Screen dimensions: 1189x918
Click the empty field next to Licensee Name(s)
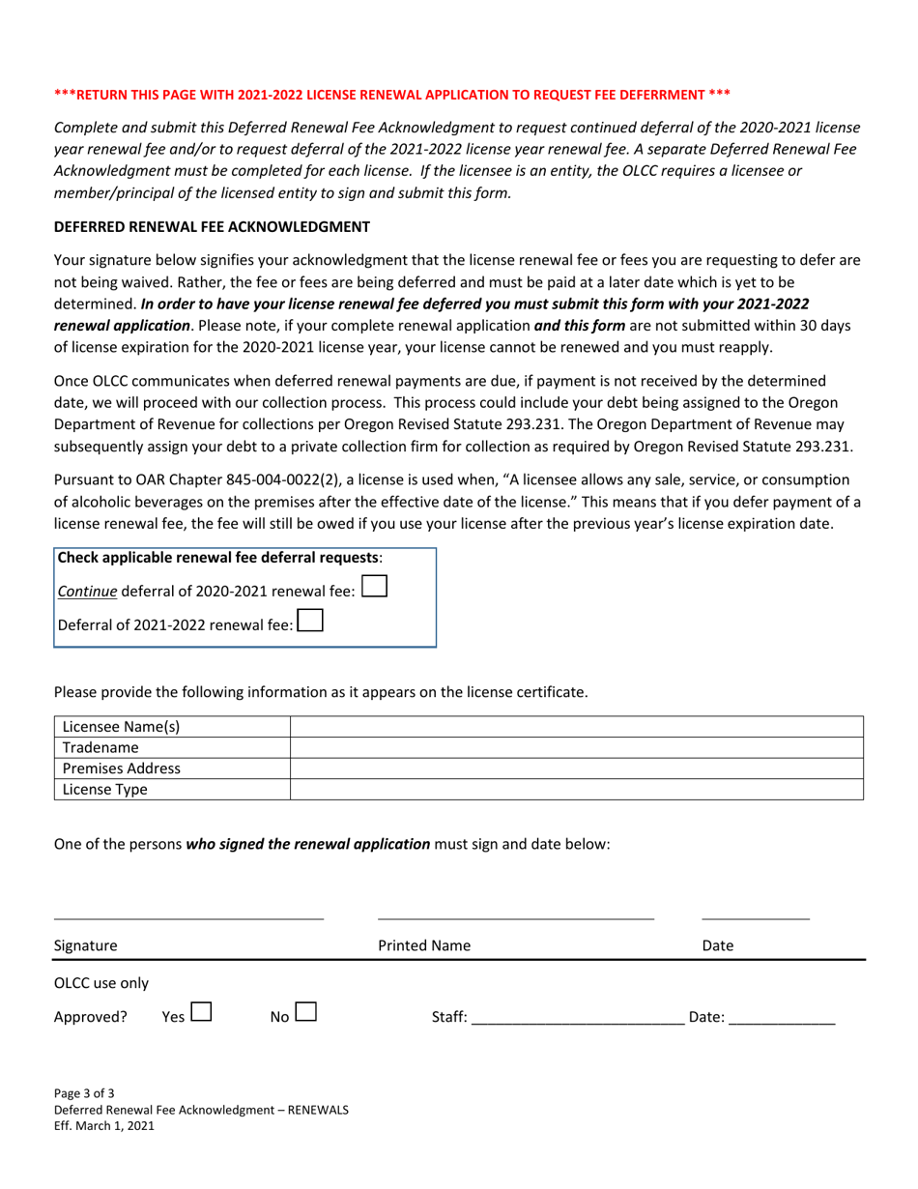pyautogui.click(x=576, y=727)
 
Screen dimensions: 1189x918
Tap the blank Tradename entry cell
pyautogui.click(x=576, y=747)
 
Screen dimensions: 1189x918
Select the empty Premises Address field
pyautogui.click(x=576, y=768)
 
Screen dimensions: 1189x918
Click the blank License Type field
pyautogui.click(x=576, y=790)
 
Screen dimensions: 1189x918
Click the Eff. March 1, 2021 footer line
pyautogui.click(x=104, y=1126)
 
